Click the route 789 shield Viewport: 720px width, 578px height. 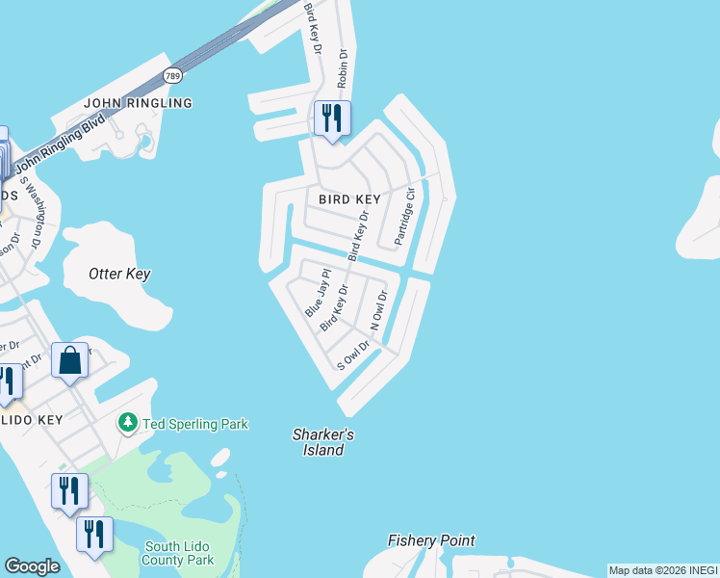point(172,75)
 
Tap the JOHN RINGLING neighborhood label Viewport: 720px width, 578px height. point(138,103)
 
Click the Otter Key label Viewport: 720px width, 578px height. point(119,274)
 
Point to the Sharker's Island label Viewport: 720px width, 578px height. point(323,442)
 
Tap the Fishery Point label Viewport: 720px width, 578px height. point(431,540)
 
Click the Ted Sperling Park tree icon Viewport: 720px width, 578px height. point(127,423)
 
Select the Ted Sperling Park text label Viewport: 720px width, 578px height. point(195,424)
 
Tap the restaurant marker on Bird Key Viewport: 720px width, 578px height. point(332,118)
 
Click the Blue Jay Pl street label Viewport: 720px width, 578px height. point(318,294)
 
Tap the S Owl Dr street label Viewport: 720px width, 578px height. point(353,355)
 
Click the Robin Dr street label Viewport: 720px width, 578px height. point(342,70)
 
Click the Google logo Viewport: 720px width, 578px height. point(32,566)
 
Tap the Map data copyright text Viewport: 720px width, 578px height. point(664,570)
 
